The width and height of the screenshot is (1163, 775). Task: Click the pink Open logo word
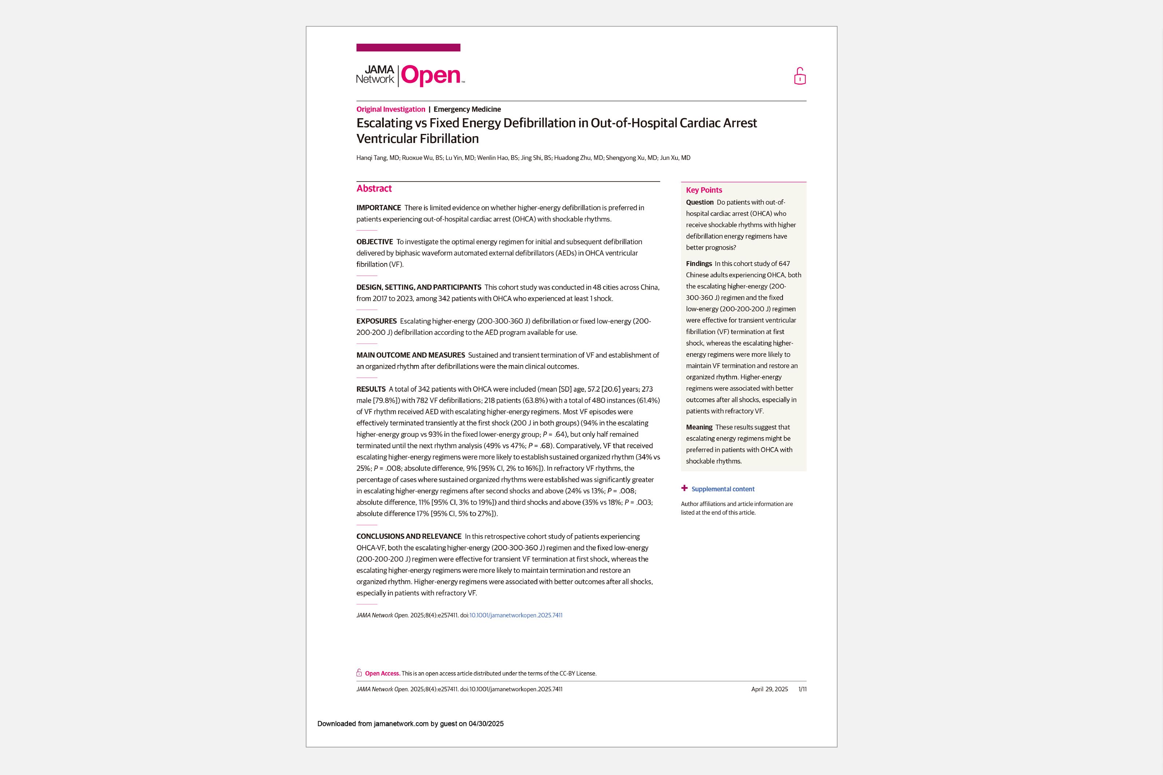[x=431, y=76]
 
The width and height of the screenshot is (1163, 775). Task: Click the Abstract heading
[x=374, y=188]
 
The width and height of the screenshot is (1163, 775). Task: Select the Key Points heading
[x=703, y=190]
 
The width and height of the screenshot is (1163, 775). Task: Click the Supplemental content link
[x=722, y=489]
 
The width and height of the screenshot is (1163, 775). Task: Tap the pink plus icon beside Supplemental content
[x=684, y=488]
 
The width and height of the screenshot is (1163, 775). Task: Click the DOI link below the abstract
[x=516, y=615]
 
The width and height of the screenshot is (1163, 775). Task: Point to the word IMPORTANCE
[x=379, y=208]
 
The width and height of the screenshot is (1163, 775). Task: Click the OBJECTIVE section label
[x=375, y=242]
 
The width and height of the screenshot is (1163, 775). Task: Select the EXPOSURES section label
[x=376, y=321]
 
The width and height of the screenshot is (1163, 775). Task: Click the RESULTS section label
[x=371, y=389]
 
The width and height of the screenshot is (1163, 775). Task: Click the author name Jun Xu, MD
[x=675, y=158]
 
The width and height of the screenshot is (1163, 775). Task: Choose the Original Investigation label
[x=391, y=109]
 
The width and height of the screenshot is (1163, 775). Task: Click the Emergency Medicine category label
[x=467, y=109]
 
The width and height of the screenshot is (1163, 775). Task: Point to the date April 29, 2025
[x=769, y=689]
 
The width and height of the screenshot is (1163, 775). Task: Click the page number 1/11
[x=802, y=689]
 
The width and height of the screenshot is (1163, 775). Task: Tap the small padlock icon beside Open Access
[x=359, y=673]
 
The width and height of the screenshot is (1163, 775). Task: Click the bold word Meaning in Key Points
[x=699, y=427]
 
